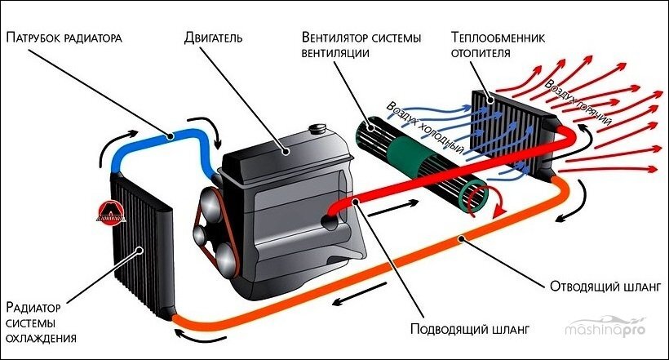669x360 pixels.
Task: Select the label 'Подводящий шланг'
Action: click(471, 329)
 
